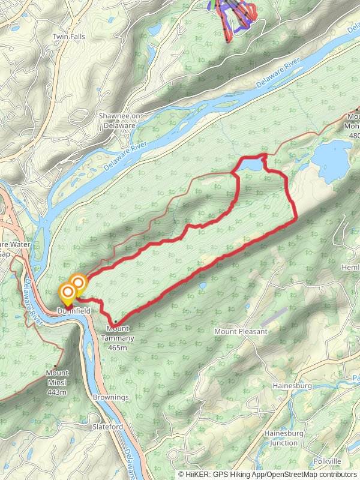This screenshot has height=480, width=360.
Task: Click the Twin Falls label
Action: [x=68, y=37]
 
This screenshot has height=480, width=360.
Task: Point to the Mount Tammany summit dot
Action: [x=115, y=322]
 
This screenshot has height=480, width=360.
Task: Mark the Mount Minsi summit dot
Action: [x=55, y=366]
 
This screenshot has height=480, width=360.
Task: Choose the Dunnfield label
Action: [x=74, y=311]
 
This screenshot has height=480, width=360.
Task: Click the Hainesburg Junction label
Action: [x=284, y=437]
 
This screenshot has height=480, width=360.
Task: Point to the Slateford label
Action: [x=108, y=427]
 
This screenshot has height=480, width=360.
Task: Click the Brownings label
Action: [x=111, y=397]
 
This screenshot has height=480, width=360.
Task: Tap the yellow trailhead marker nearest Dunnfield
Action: [x=68, y=293]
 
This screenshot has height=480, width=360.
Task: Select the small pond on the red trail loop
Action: [x=251, y=164]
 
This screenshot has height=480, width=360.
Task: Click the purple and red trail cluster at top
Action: [x=233, y=15]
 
